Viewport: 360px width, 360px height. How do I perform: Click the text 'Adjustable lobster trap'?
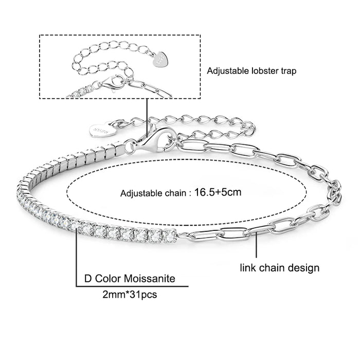[x=252, y=72]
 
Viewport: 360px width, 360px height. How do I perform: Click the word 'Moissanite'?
[x=150, y=279]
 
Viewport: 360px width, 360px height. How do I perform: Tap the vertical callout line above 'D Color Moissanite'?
[x=77, y=257]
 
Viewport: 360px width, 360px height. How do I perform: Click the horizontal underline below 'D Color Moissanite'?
[x=134, y=286]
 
